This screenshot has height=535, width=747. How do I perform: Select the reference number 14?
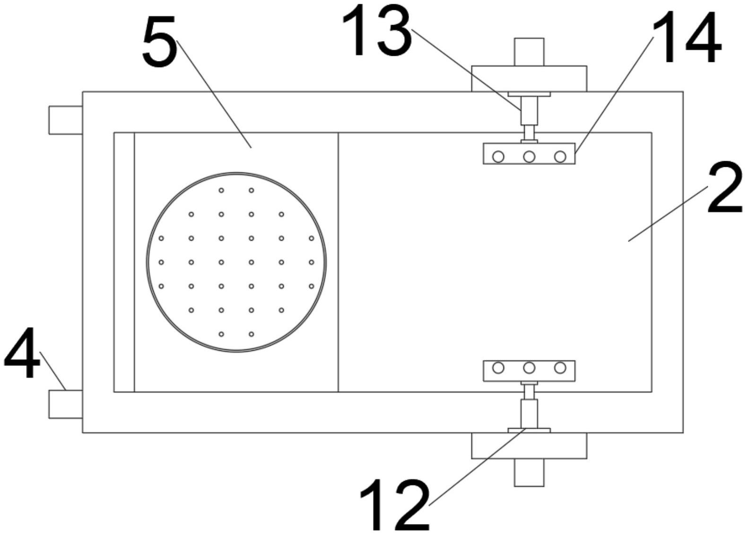(687, 38)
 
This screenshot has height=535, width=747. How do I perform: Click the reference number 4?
(22, 353)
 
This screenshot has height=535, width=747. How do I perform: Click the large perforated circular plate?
(236, 262)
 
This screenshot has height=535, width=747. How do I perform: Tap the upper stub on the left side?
(66, 120)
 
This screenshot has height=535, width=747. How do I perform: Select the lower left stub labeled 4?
(66, 404)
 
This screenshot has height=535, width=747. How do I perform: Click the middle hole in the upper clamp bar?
(529, 156)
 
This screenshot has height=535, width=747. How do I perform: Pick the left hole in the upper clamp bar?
(498, 156)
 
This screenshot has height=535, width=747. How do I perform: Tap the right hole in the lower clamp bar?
(560, 368)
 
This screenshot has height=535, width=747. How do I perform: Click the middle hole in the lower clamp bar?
(529, 368)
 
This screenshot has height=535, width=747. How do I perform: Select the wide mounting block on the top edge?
(529, 78)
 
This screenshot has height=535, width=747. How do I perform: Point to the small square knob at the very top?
(529, 52)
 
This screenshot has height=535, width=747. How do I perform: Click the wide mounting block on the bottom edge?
(529, 446)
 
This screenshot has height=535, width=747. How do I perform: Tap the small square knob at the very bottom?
(529, 473)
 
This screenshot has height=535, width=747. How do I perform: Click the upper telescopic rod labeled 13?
(529, 111)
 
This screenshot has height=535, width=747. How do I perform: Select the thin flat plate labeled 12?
(529, 430)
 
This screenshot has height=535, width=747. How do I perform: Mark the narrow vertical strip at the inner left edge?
(124, 262)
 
